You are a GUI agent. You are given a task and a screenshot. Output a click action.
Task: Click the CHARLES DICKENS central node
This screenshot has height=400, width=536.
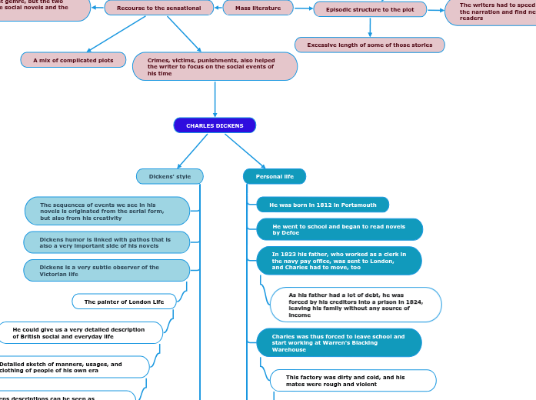215,125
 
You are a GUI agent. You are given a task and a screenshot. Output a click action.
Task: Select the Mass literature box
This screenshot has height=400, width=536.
258,8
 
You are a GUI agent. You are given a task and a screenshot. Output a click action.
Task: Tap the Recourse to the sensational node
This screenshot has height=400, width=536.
158,8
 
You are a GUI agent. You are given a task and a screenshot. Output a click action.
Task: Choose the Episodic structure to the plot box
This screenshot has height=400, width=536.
370,9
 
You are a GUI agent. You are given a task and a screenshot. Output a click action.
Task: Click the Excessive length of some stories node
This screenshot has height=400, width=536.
369,45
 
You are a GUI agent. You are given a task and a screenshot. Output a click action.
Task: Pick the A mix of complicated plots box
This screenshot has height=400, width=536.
73,60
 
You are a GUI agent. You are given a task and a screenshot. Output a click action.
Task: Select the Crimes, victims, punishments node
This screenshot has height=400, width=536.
215,67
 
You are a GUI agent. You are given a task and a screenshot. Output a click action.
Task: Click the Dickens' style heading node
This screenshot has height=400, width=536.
169,176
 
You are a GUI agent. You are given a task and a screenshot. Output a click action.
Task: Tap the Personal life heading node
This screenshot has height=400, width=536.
275,176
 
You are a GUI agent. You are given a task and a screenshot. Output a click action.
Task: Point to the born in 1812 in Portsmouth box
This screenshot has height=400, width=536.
322,205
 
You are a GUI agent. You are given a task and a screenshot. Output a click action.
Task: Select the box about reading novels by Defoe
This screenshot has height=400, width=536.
339,229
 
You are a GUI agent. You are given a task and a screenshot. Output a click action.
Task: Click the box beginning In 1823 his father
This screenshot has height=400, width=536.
338,261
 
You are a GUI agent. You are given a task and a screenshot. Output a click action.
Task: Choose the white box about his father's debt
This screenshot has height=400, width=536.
355,305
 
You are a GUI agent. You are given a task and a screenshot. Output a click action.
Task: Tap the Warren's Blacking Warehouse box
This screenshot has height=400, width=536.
338,343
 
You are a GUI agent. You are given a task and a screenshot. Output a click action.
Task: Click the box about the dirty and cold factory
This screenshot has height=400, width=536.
352,380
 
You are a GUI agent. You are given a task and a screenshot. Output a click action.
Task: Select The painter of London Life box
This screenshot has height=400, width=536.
124,302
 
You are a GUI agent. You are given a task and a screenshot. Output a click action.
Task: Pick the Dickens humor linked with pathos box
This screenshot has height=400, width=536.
106,242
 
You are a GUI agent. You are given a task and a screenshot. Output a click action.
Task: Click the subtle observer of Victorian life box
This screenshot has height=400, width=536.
106,270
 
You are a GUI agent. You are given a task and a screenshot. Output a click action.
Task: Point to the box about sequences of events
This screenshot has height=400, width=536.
106,211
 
